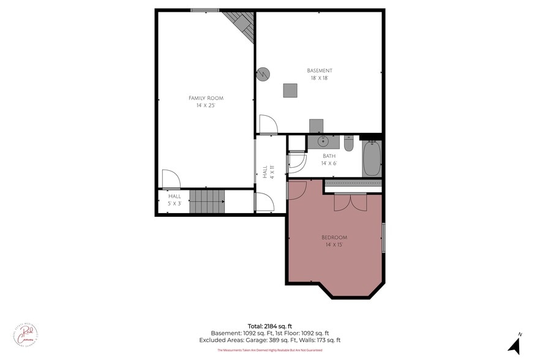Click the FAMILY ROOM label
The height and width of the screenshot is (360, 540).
pos(206,98)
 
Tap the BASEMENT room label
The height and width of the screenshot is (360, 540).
pos(320,70)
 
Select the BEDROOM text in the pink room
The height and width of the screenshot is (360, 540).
pos(334,238)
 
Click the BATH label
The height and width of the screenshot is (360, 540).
pos(329,156)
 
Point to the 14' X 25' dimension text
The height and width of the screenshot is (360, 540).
pos(206,105)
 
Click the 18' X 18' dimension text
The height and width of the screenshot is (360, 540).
pos(320,78)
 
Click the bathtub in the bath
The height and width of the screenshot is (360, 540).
pos(372,159)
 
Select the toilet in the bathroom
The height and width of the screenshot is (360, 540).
pos(348,143)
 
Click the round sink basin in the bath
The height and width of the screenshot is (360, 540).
pos(323,142)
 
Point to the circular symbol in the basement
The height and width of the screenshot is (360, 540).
pos(263,73)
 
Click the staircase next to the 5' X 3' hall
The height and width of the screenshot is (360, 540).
pos(206,201)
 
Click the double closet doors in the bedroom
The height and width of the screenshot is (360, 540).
pos(350,202)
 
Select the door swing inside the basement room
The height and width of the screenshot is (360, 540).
pos(268,124)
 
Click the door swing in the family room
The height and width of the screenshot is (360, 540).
pos(171,179)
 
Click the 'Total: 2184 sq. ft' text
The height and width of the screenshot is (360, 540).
pos(270,326)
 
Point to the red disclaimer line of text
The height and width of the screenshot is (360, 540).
pos(270,351)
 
